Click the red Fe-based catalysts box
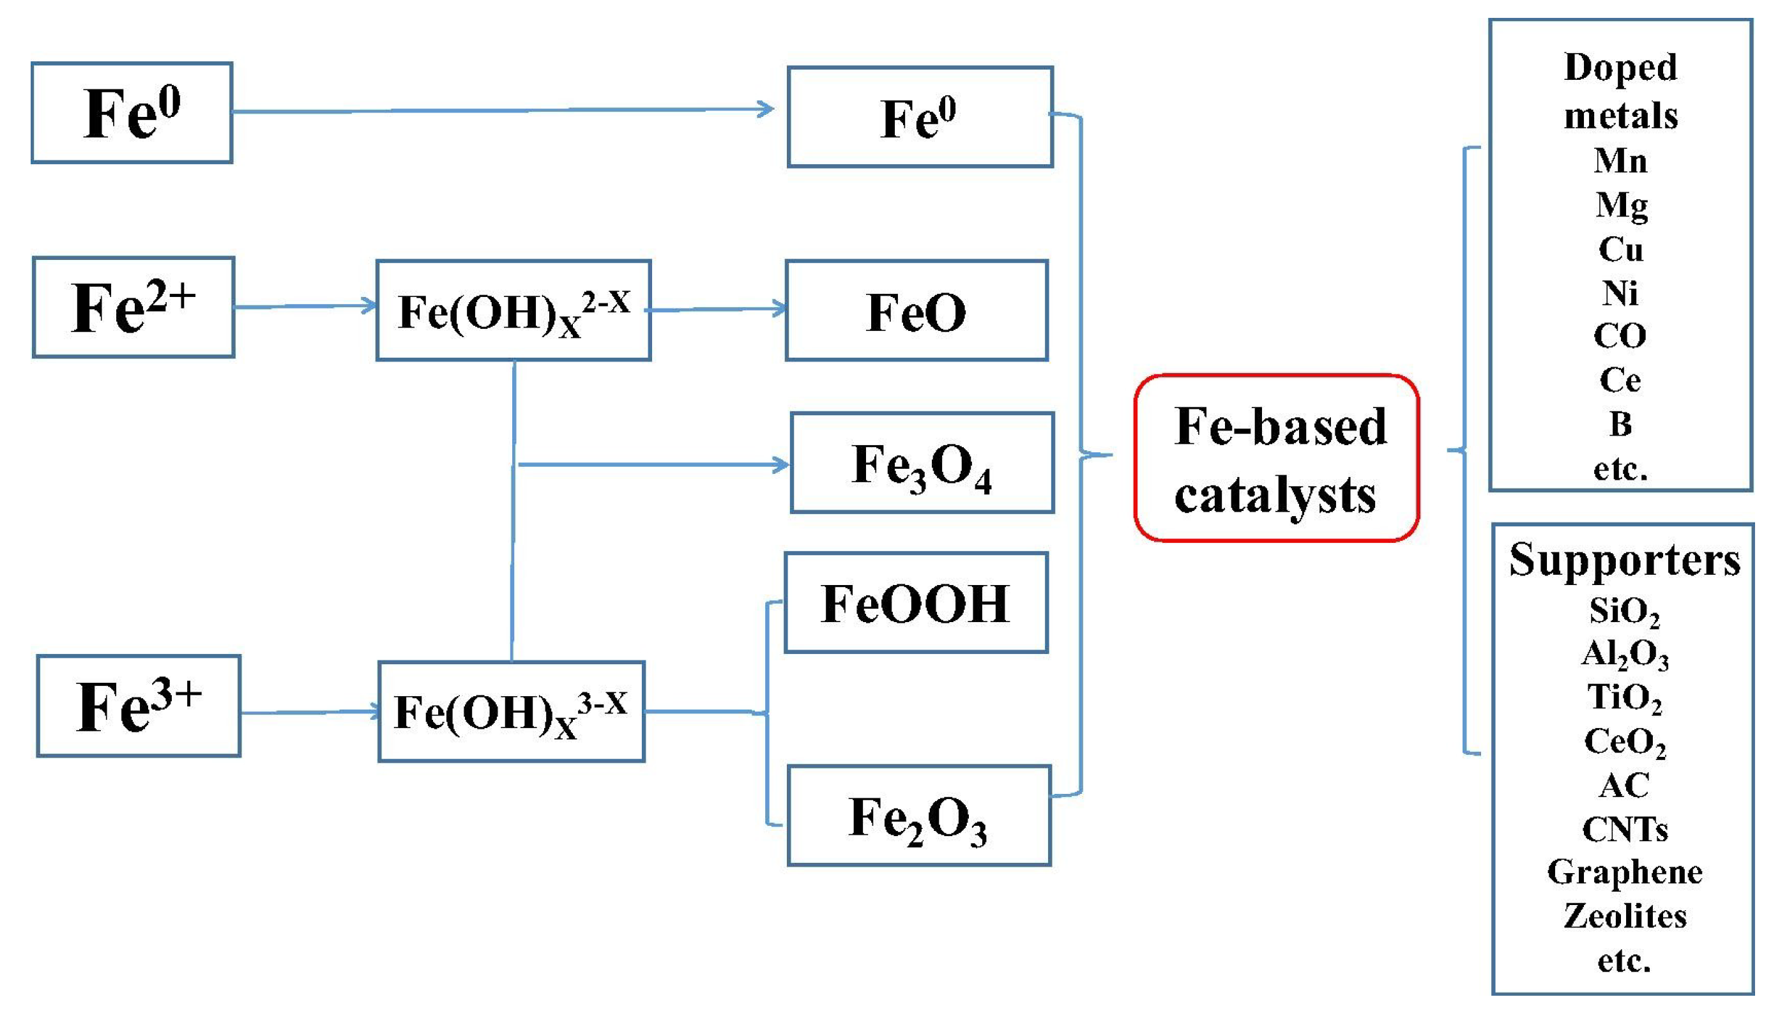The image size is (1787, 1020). pos(1275,458)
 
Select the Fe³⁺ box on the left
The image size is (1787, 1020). pos(139,706)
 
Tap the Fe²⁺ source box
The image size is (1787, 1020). pos(133,308)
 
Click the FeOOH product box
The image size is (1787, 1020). pos(916,602)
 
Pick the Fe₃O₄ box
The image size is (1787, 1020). pos(922,463)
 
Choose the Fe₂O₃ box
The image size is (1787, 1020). pos(918,816)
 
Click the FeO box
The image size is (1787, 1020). pos(916,310)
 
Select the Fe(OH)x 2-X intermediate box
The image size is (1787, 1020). pos(513,310)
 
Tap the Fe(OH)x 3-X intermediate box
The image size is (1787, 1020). pos(511,711)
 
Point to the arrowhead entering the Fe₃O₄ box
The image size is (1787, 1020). pos(780,464)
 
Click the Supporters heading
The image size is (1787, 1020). pos(1624,560)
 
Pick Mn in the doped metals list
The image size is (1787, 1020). pos(1620,161)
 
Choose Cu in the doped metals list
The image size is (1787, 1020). pos(1620,249)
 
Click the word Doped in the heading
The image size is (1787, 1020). pos(1620,68)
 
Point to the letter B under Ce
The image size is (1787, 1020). pos(1620,424)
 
